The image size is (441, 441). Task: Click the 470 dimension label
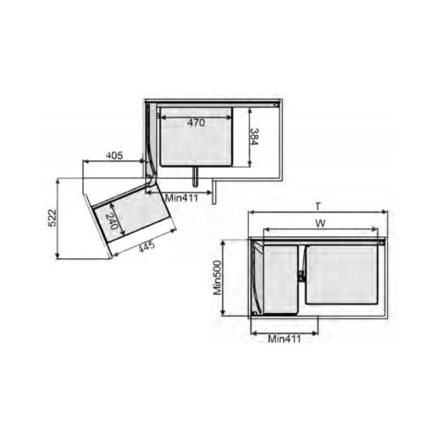coord(197,123)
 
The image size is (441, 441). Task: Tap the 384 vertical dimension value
coord(253,138)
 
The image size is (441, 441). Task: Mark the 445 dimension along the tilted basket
coord(146,246)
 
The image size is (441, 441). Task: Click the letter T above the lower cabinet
coord(316,206)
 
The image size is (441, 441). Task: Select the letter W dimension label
coord(320,224)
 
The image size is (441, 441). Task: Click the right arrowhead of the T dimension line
coord(386,213)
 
